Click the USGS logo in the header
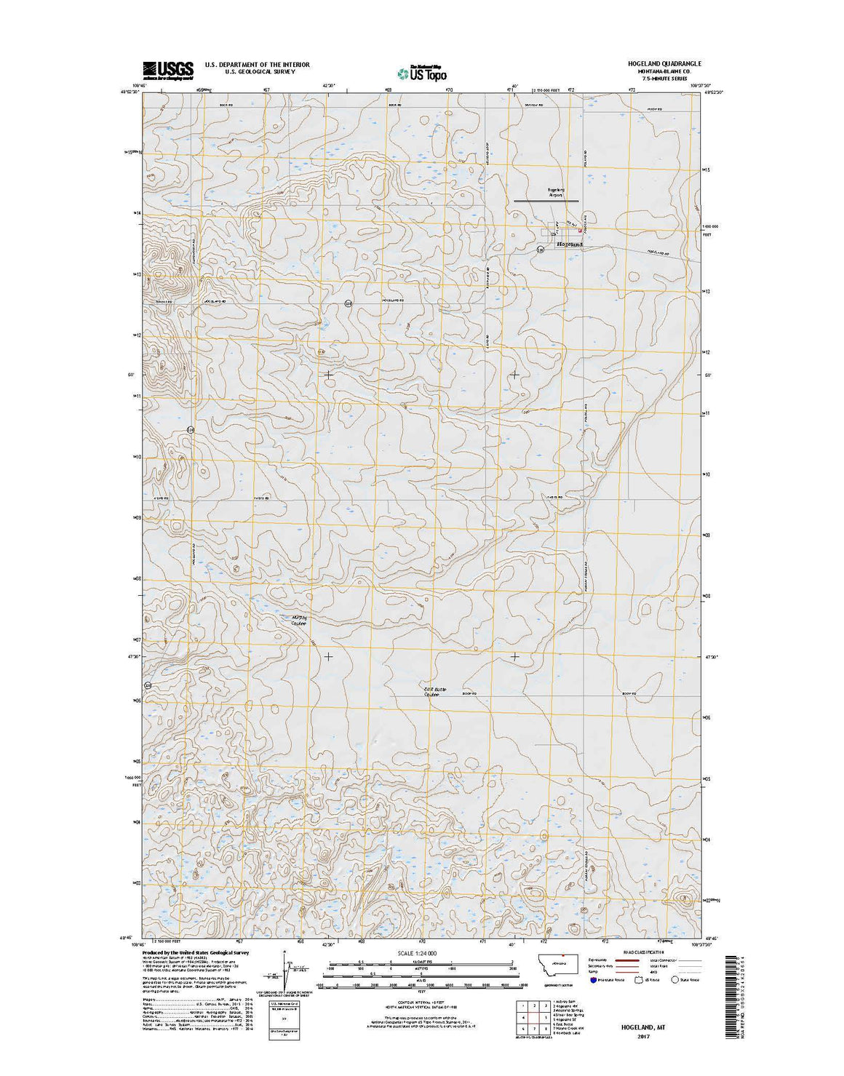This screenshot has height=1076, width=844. [x=168, y=70]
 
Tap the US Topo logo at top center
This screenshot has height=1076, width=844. [x=422, y=72]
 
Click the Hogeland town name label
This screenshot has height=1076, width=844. [x=570, y=244]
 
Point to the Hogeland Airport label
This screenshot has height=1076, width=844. [x=556, y=193]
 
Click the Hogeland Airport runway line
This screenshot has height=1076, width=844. [x=546, y=201]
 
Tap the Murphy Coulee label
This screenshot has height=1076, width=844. [x=299, y=621]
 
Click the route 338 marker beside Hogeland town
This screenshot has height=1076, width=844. [x=540, y=250]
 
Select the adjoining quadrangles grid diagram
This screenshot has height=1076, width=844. [x=532, y=1016]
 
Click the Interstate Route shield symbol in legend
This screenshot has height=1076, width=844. [x=593, y=980]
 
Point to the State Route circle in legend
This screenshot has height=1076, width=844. [x=674, y=980]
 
